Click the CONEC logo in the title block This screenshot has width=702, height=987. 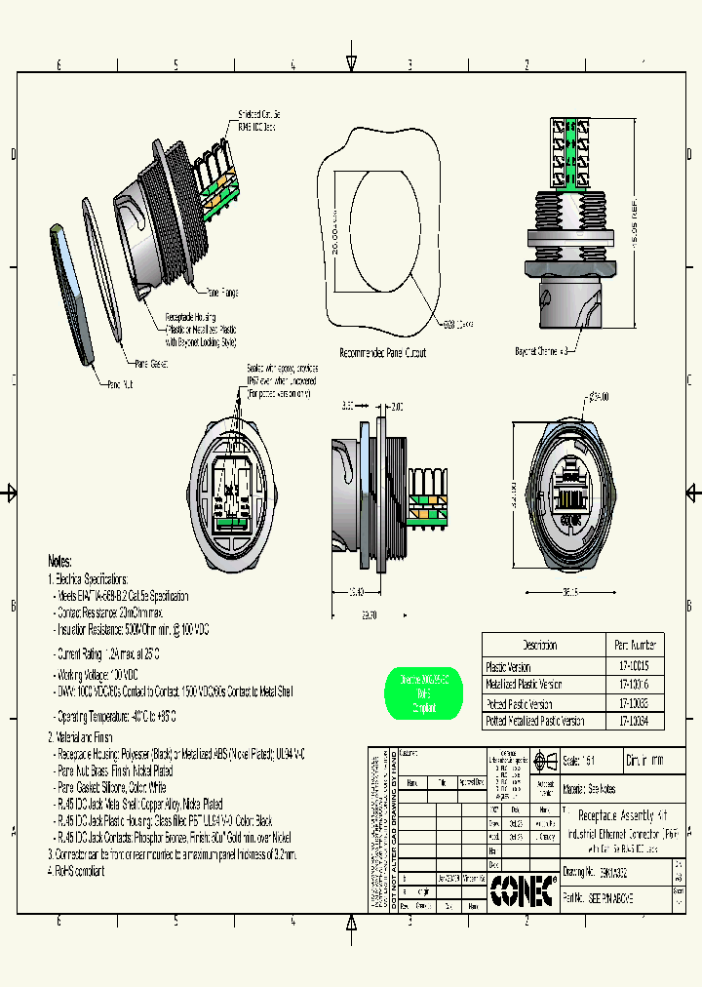pyautogui.click(x=523, y=889)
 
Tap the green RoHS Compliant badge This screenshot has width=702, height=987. pyautogui.click(x=424, y=693)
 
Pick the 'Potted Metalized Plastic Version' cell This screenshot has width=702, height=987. pyautogui.click(x=535, y=722)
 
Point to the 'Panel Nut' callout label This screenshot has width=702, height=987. pyautogui.click(x=120, y=384)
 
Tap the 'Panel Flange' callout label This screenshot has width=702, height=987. pyautogui.click(x=221, y=292)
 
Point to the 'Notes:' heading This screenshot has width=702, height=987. pyautogui.click(x=59, y=562)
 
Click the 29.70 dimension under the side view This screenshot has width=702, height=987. pyautogui.click(x=368, y=615)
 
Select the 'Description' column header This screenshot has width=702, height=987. pyautogui.click(x=539, y=645)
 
